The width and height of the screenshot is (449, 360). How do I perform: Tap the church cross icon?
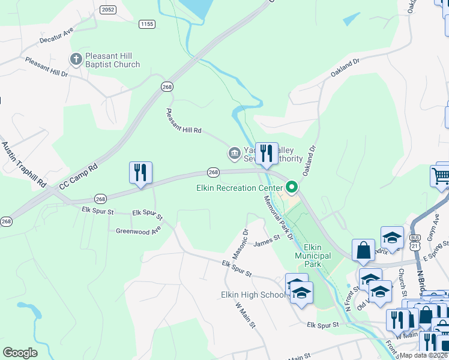pos(76,59)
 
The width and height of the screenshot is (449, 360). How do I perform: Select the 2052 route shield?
pos(108,10)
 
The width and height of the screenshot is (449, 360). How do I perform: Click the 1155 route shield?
pos(146,24)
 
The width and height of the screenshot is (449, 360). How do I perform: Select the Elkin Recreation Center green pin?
pos(292,187)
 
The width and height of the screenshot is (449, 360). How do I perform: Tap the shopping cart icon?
pos(441,175)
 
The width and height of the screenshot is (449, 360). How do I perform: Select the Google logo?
pos(20,353)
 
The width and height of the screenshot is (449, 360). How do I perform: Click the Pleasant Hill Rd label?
pos(184,121)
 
